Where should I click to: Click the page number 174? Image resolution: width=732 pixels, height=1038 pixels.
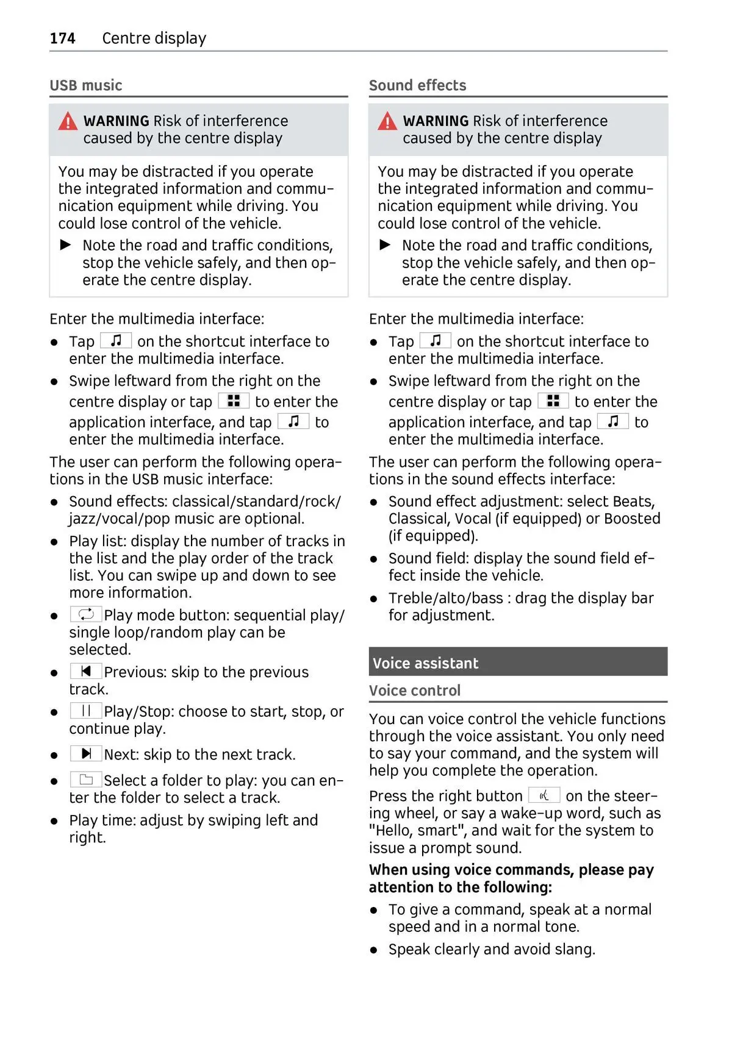click(x=62, y=38)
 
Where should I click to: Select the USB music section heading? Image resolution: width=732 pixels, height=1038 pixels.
click(x=85, y=85)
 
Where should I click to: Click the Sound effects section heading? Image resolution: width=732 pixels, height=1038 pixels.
click(x=417, y=85)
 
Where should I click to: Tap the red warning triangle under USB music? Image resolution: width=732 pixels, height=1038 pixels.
click(x=68, y=122)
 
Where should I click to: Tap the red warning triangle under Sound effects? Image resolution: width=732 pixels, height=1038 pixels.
click(x=387, y=122)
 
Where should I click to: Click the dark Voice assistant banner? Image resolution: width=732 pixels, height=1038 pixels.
click(x=517, y=662)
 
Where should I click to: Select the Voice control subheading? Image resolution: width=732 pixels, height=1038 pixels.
click(x=414, y=691)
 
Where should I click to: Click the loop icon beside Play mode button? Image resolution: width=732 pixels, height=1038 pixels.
click(x=86, y=614)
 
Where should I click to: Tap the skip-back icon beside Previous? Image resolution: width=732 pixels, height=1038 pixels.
click(x=86, y=671)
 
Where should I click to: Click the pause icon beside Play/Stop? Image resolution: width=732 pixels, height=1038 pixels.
click(x=86, y=711)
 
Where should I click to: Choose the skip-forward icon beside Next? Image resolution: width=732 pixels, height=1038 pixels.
click(x=86, y=753)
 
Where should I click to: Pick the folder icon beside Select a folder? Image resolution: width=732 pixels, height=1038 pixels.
click(x=86, y=780)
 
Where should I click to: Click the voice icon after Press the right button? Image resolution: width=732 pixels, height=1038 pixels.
click(x=544, y=795)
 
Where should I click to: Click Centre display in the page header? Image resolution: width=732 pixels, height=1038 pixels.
click(x=154, y=38)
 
